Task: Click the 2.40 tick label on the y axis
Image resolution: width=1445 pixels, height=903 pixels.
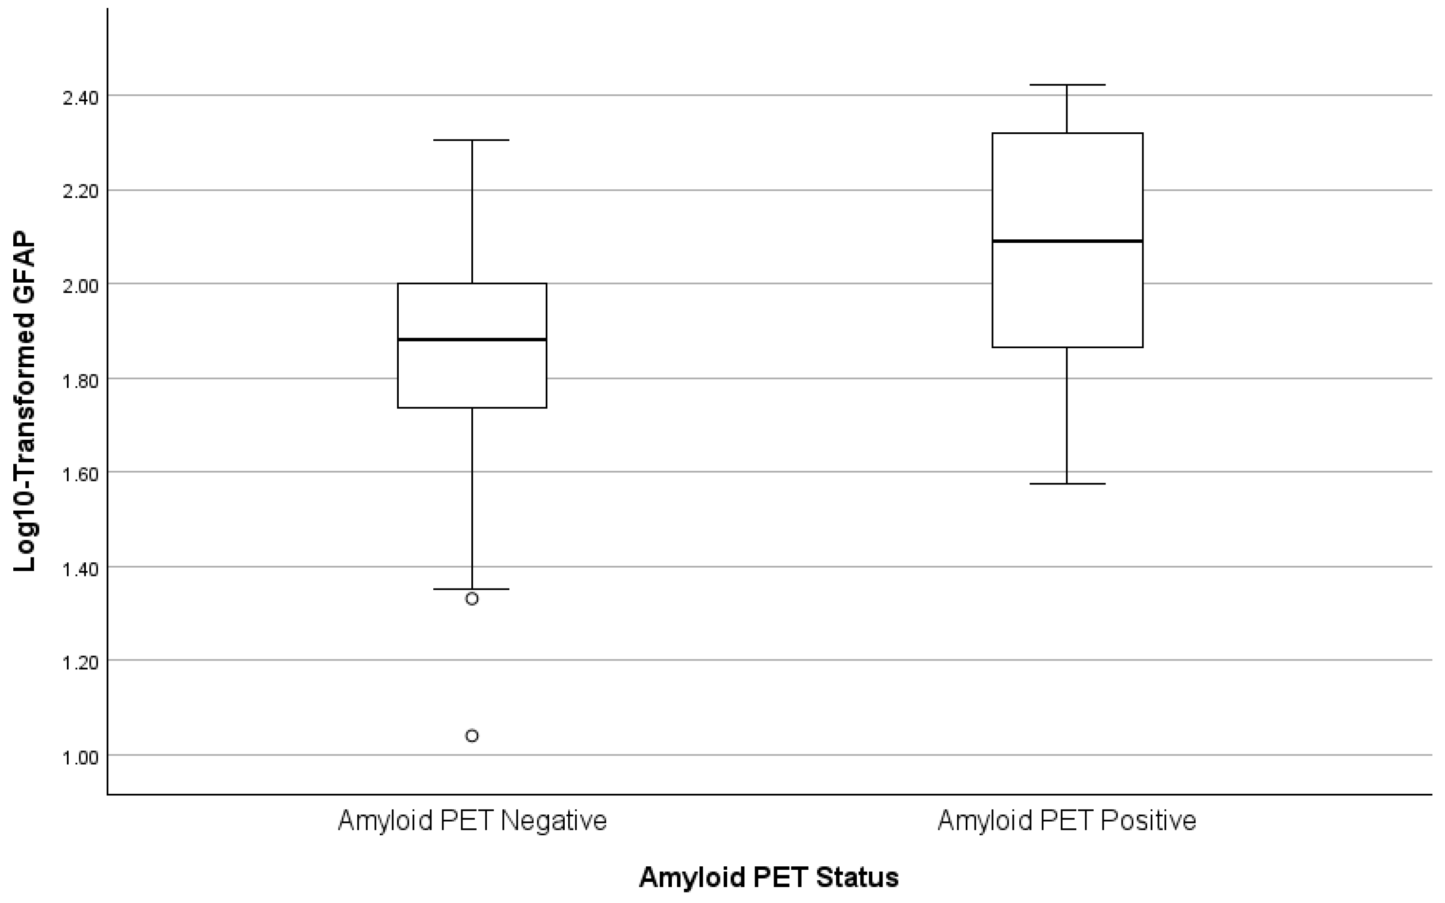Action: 81,97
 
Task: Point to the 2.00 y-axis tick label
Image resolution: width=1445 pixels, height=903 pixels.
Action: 81,285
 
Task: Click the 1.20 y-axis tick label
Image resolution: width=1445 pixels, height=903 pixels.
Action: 81,662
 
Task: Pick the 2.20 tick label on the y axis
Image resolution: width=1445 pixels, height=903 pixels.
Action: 81,191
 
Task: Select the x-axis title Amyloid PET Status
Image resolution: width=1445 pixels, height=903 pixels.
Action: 769,877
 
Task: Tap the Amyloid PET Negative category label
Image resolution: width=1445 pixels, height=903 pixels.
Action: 472,821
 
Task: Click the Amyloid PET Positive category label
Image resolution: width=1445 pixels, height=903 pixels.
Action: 1067,821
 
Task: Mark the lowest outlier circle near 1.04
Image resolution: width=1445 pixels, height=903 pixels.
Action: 472,736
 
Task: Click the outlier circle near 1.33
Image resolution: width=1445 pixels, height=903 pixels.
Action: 472,599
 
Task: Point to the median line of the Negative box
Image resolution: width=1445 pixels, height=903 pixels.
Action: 472,339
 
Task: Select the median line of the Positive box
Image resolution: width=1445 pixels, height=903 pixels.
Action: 1067,241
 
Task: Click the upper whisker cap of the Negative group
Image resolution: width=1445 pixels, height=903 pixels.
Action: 472,140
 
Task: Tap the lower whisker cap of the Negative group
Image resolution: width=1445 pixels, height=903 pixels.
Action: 472,589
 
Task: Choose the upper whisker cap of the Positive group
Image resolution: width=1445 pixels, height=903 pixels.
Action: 1067,85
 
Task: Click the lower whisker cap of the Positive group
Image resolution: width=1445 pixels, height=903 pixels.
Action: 1067,484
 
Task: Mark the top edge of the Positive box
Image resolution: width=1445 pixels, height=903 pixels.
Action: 1067,133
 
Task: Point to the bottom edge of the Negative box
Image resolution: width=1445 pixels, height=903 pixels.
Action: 472,407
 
